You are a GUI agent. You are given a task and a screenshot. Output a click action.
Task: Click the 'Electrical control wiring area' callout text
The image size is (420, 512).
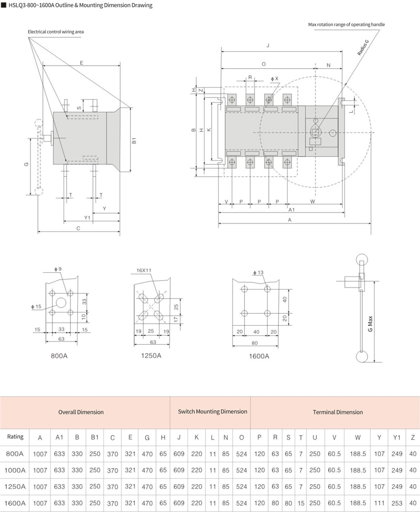click(x=56, y=31)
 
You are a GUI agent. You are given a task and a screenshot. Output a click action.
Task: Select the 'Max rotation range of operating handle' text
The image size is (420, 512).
click(x=346, y=25)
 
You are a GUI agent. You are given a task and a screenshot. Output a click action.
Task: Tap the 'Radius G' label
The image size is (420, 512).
click(x=363, y=48)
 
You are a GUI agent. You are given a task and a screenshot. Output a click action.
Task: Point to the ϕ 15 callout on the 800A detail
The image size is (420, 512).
click(x=36, y=306)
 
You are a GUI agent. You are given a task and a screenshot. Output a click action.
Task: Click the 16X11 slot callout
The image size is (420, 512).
click(x=144, y=270)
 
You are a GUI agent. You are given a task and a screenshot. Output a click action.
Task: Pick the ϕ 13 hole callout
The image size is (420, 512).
click(x=258, y=272)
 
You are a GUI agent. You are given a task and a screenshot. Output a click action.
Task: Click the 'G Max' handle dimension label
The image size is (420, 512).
click(x=370, y=324)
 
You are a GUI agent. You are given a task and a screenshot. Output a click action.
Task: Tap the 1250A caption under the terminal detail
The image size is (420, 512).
click(x=151, y=356)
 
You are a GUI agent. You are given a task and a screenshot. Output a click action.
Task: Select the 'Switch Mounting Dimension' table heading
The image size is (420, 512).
click(x=213, y=411)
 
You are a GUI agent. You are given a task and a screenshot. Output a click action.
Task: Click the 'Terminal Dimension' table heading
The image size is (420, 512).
click(x=338, y=412)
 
